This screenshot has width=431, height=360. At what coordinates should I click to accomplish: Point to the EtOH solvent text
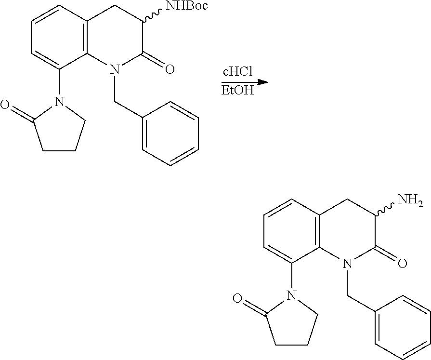(237, 91)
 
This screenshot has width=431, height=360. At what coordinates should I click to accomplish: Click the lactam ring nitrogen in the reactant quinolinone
(114, 70)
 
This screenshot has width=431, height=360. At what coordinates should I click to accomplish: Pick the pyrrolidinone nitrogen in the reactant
(58, 102)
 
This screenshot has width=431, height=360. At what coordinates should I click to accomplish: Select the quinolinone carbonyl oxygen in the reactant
(169, 70)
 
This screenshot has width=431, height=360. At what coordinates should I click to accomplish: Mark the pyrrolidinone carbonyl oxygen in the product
(237, 298)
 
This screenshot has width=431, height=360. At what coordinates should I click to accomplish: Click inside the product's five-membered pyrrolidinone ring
(288, 321)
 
